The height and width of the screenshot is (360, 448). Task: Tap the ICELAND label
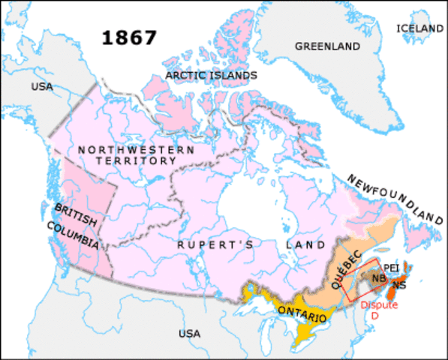(420, 28)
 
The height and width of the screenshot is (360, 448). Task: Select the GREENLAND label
(328, 46)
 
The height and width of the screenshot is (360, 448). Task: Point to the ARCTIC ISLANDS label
(211, 76)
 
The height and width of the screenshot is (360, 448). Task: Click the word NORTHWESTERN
(137, 149)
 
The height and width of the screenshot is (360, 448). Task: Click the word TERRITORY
(137, 160)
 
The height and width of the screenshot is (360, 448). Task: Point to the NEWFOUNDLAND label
(394, 199)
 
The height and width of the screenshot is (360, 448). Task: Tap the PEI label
(390, 266)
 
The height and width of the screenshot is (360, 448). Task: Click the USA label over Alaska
(42, 87)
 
